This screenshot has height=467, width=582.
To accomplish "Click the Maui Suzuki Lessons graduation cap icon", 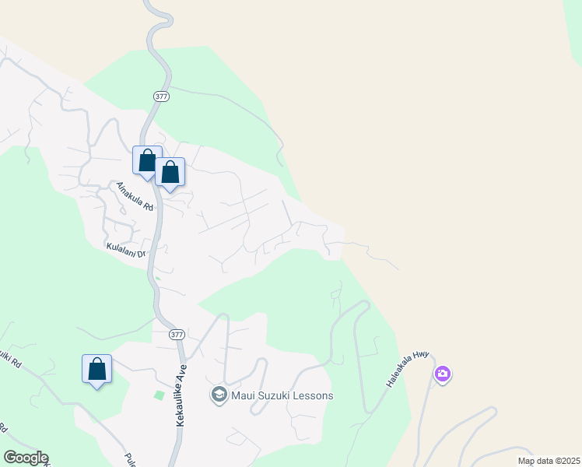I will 219,395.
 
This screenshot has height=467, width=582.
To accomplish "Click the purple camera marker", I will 443,375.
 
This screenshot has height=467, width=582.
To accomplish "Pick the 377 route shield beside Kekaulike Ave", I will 177,334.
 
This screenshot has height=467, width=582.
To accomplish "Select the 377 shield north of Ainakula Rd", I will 161,95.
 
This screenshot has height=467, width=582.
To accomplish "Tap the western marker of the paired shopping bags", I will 147,161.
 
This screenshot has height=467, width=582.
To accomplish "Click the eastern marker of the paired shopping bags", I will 170,173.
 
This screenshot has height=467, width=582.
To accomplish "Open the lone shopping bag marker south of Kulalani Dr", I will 97,369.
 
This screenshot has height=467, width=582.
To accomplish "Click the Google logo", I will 26,458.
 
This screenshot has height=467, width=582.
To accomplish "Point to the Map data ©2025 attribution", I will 548,461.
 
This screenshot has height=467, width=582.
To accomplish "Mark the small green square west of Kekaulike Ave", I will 160,395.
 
